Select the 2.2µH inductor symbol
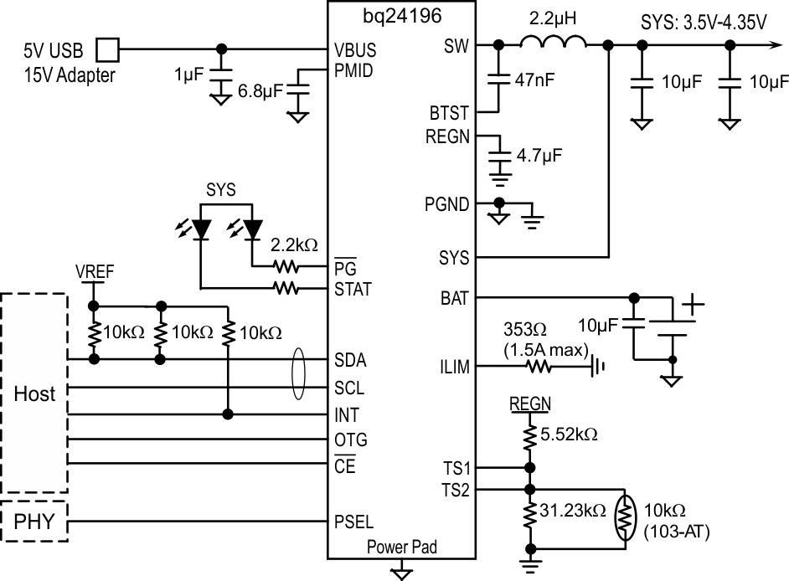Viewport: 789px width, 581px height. pos(554,45)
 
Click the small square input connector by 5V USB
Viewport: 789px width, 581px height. pos(108,49)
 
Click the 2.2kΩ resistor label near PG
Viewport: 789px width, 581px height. pos(294,246)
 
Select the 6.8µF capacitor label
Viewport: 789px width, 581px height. pos(260,90)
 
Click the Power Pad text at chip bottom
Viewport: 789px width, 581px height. pos(402,547)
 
